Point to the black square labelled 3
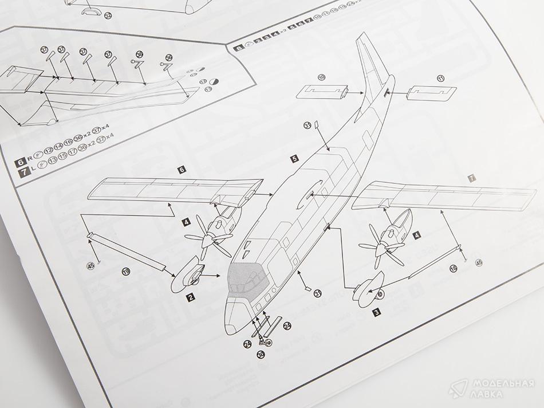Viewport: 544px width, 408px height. point(377,312)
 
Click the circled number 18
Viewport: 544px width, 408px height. point(454,268)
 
